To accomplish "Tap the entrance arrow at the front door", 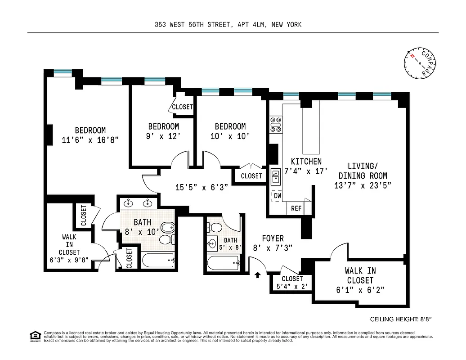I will [x=258, y=274].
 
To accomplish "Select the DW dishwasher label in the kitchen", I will [x=278, y=196].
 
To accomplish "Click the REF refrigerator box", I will [x=296, y=208].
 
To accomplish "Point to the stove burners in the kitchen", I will [x=275, y=124].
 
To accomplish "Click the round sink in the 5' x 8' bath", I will [x=212, y=244].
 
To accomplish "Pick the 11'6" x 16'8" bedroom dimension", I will [x=90, y=140].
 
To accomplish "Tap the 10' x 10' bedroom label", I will [x=230, y=136].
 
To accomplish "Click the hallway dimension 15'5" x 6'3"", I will [x=202, y=186].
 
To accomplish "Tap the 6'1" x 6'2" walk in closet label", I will [x=360, y=290].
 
